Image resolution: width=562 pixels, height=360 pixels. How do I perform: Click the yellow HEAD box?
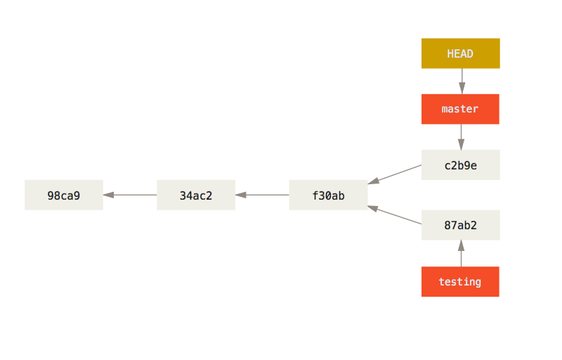pyautogui.click(x=460, y=53)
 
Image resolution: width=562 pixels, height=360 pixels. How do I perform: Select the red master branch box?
pyautogui.click(x=460, y=109)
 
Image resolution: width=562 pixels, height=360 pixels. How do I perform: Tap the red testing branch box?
pyautogui.click(x=460, y=282)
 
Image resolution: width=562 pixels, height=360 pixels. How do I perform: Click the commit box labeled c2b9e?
pyautogui.click(x=460, y=165)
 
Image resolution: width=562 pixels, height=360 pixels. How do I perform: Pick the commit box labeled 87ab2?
pyautogui.click(x=460, y=225)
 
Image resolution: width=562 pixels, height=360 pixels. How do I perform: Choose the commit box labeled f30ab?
pyautogui.click(x=328, y=195)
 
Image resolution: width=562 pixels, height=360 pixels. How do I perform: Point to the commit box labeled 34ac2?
pyautogui.click(x=196, y=195)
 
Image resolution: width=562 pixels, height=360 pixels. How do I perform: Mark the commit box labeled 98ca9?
pyautogui.click(x=64, y=195)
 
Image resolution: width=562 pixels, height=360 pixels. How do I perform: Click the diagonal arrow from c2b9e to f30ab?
pyautogui.click(x=397, y=174)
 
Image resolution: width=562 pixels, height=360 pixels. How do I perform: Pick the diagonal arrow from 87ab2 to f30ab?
pyautogui.click(x=397, y=216)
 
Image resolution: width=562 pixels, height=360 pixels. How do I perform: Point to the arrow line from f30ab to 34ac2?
pyautogui.click(x=264, y=195)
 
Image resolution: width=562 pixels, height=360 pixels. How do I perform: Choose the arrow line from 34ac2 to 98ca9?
pyautogui.click(x=132, y=195)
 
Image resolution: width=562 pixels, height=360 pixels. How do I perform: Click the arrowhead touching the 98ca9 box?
pyautogui.click(x=109, y=195)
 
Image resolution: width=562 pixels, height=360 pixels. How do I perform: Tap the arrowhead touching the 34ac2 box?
pyautogui.click(x=241, y=195)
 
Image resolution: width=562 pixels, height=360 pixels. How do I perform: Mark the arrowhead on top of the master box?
pyautogui.click(x=461, y=89)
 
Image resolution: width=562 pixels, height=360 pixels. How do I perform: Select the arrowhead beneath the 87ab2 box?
pyautogui.click(x=461, y=245)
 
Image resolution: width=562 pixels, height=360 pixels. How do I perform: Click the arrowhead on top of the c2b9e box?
pyautogui.click(x=461, y=144)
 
